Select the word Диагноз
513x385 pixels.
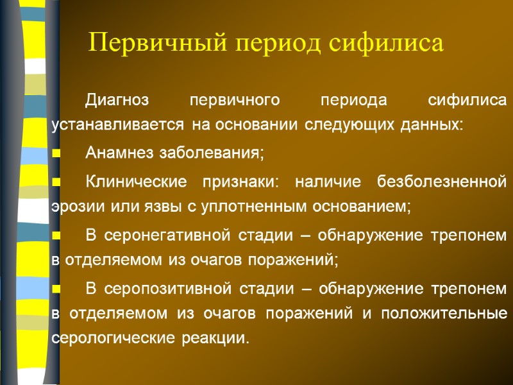tap(117, 101)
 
